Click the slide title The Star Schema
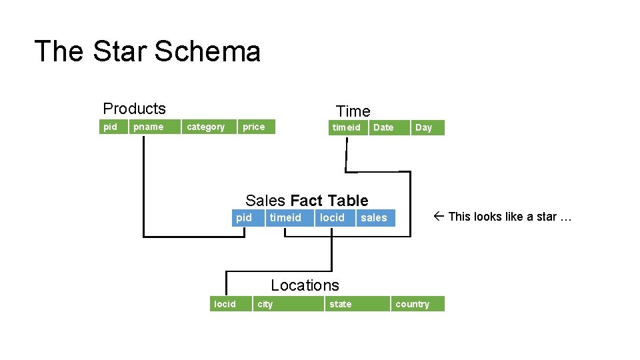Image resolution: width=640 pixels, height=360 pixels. (x=147, y=51)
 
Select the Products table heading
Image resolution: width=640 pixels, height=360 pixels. (x=134, y=109)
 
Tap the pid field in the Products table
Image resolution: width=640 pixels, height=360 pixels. (x=111, y=127)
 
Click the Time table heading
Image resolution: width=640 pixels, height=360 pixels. (x=353, y=111)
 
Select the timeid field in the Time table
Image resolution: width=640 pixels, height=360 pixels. (x=347, y=127)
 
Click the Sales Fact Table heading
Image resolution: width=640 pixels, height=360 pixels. (x=307, y=201)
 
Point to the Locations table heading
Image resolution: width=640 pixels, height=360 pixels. (x=305, y=285)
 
